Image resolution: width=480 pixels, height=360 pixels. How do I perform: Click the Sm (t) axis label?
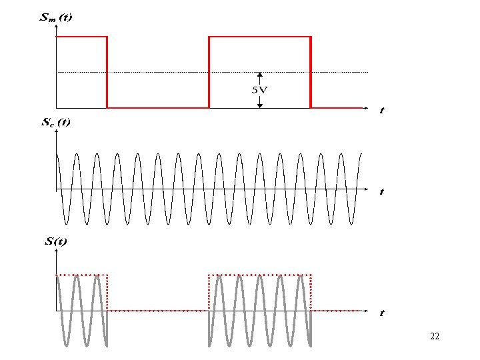(56, 18)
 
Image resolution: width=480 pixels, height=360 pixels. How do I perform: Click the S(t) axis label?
(56, 241)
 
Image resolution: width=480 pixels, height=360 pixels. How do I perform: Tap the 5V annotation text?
(259, 89)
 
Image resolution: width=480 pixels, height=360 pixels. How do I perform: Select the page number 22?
(435, 337)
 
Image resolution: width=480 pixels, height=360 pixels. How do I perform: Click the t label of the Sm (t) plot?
(381, 110)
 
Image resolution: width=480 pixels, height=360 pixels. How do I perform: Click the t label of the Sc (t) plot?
(381, 191)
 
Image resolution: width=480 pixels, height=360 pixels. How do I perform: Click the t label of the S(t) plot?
(381, 312)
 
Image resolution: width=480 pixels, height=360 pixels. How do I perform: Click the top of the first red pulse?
(81, 37)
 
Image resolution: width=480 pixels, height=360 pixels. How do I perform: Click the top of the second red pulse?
(260, 37)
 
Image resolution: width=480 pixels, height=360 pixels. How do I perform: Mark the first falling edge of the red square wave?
(107, 72)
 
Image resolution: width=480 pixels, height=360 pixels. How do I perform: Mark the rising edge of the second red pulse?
(209, 72)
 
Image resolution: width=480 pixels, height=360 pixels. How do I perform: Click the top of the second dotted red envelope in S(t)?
(260, 275)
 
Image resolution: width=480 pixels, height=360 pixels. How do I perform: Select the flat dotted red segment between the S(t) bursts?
(158, 310)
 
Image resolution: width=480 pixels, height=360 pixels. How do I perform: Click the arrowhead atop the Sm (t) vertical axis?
(57, 27)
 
